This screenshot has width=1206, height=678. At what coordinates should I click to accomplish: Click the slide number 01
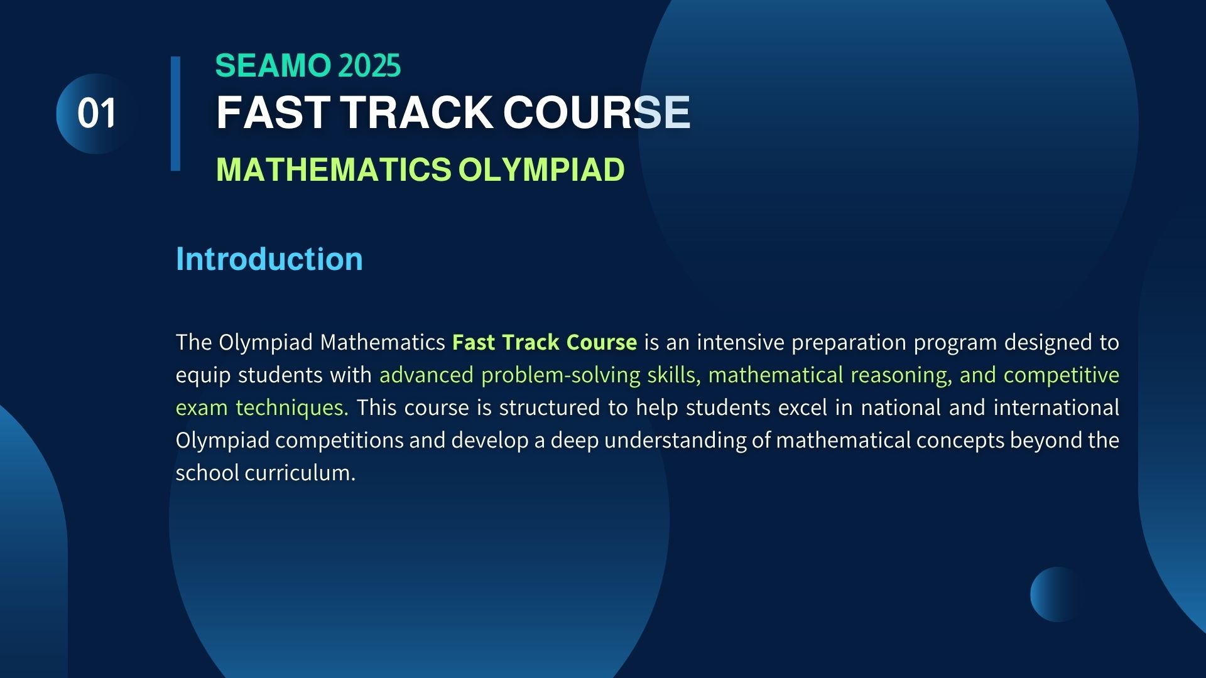tap(97, 114)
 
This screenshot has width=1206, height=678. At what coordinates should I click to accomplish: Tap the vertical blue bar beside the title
tap(175, 114)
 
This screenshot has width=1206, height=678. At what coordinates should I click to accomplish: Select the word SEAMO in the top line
tap(273, 66)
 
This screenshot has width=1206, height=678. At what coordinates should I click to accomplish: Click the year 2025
tap(369, 66)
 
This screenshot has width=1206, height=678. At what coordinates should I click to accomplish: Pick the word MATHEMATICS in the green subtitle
tap(334, 169)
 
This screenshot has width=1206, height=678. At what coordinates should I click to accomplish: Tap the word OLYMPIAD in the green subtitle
tap(541, 169)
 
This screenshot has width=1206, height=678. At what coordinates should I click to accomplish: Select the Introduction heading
tap(269, 259)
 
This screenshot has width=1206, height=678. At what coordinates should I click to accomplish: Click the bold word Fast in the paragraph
tap(474, 342)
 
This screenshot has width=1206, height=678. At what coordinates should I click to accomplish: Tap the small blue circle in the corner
tap(1057, 595)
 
